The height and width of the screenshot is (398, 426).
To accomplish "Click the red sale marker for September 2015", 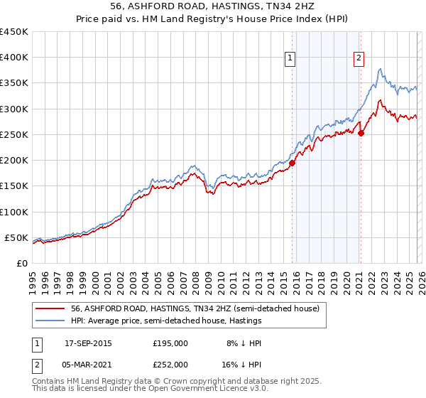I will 292,163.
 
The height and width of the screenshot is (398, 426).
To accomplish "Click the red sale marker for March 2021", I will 361,133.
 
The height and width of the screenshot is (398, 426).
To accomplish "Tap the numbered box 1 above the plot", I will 292,59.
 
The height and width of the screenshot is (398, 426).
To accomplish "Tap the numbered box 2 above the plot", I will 359,59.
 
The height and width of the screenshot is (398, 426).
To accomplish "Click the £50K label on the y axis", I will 16,237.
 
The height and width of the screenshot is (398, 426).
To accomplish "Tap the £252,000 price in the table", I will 170,364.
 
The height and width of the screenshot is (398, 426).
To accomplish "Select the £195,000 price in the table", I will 170,343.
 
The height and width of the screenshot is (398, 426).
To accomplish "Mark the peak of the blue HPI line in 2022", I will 381,69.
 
